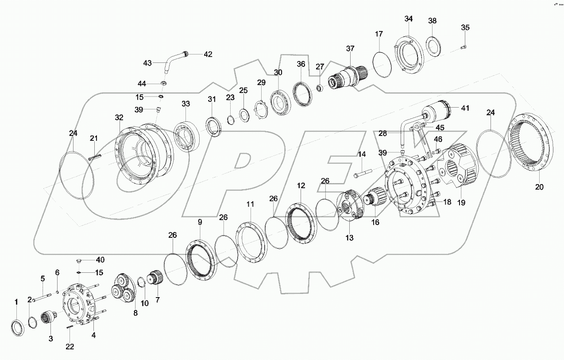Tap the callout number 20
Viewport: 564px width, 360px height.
pyautogui.click(x=539, y=187)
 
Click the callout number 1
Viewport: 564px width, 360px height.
pyautogui.click(x=16, y=302)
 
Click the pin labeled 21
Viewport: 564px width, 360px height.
pyautogui.click(x=95, y=155)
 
